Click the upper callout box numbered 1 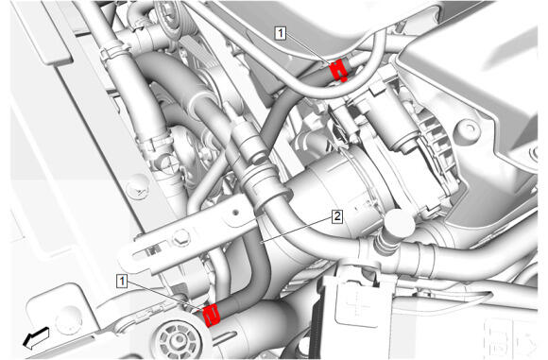click(x=281, y=33)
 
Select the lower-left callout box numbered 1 click(x=122, y=281)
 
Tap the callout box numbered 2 click(x=337, y=216)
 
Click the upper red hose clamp click(x=338, y=70)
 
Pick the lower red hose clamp click(x=212, y=315)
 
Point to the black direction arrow click(x=36, y=337)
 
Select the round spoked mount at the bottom click(x=179, y=338)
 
